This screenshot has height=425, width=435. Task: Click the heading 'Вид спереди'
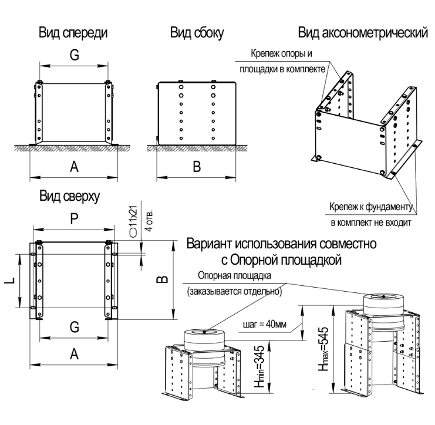(74, 32)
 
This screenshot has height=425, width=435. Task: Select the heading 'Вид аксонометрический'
(363, 32)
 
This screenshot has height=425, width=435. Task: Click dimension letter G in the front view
(74, 55)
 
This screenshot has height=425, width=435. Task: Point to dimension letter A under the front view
(74, 167)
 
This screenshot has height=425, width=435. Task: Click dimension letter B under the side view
(197, 167)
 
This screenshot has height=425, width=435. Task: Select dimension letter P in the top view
(74, 219)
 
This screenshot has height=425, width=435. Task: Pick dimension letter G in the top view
(75, 328)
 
